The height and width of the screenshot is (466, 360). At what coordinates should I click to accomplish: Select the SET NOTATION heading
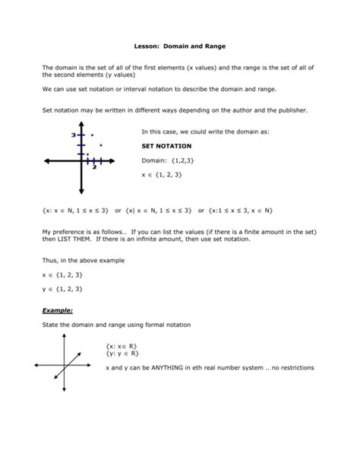click(166, 144)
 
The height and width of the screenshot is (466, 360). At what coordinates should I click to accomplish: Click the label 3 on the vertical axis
click(74, 135)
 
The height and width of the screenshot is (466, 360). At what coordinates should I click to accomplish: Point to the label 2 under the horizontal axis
click(94, 167)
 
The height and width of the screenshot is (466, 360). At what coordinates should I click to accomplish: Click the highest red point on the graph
click(93, 135)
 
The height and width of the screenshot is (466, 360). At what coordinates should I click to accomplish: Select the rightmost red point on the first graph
click(100, 145)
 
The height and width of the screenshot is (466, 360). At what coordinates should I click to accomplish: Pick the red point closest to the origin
click(87, 154)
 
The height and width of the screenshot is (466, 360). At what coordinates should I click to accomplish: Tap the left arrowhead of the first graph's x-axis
click(47, 161)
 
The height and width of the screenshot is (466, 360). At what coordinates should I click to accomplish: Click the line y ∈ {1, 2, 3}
click(62, 288)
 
